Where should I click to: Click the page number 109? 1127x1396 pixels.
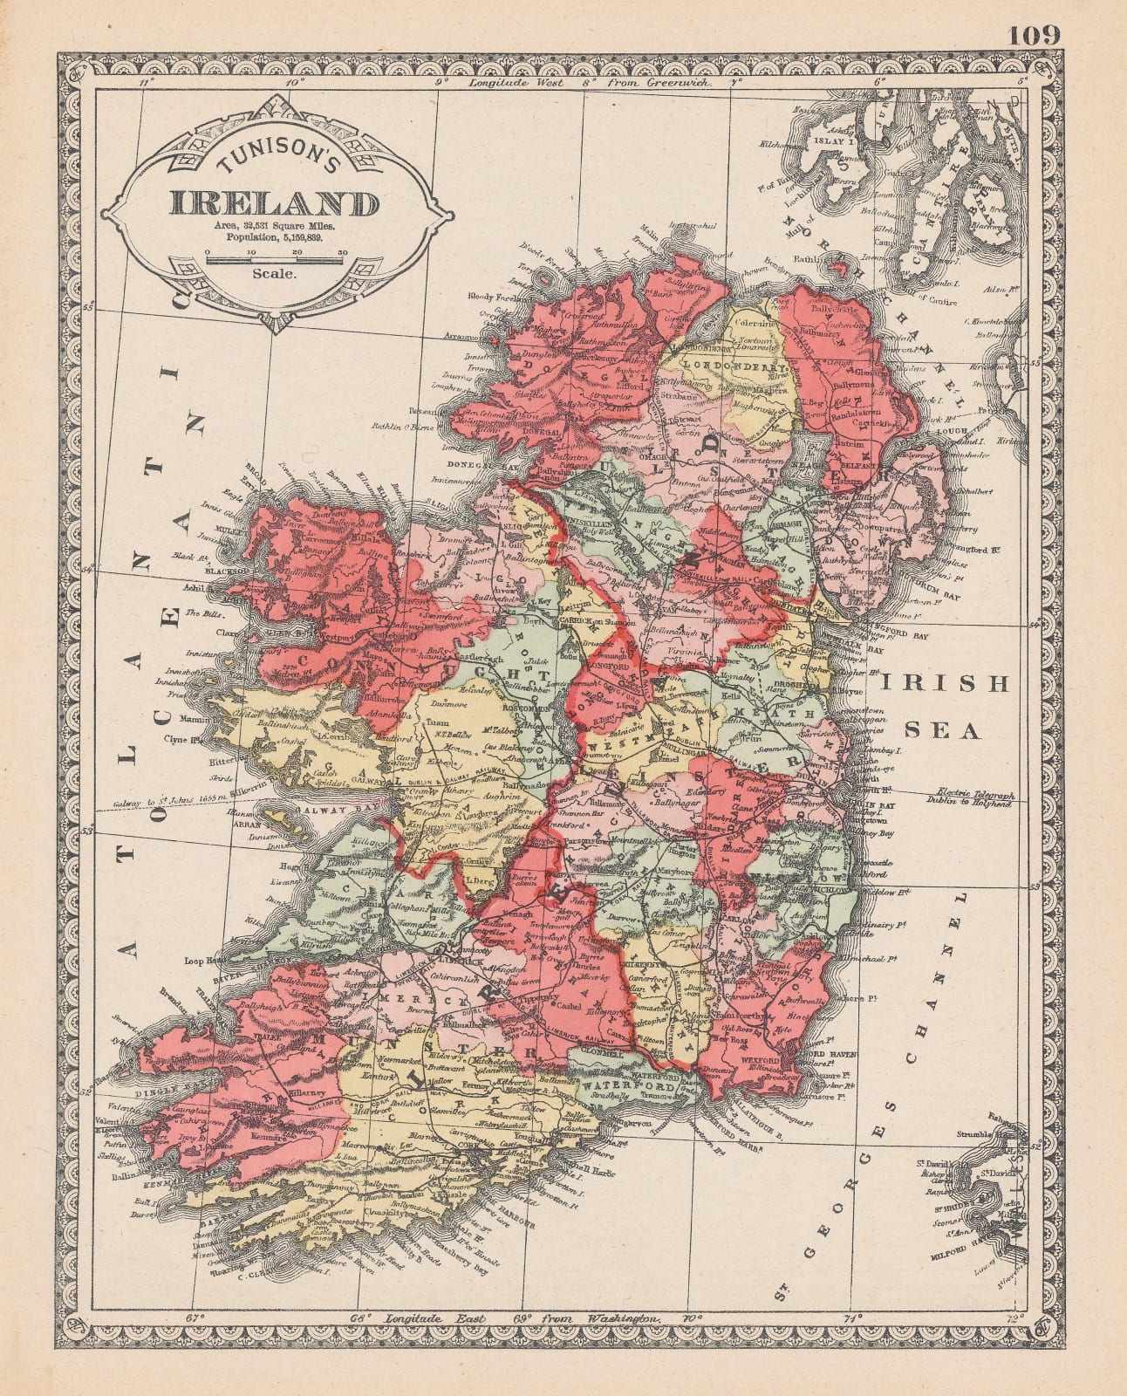[1035, 35]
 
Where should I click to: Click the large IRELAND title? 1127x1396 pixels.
[274, 204]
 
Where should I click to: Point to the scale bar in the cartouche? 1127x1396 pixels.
[274, 257]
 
